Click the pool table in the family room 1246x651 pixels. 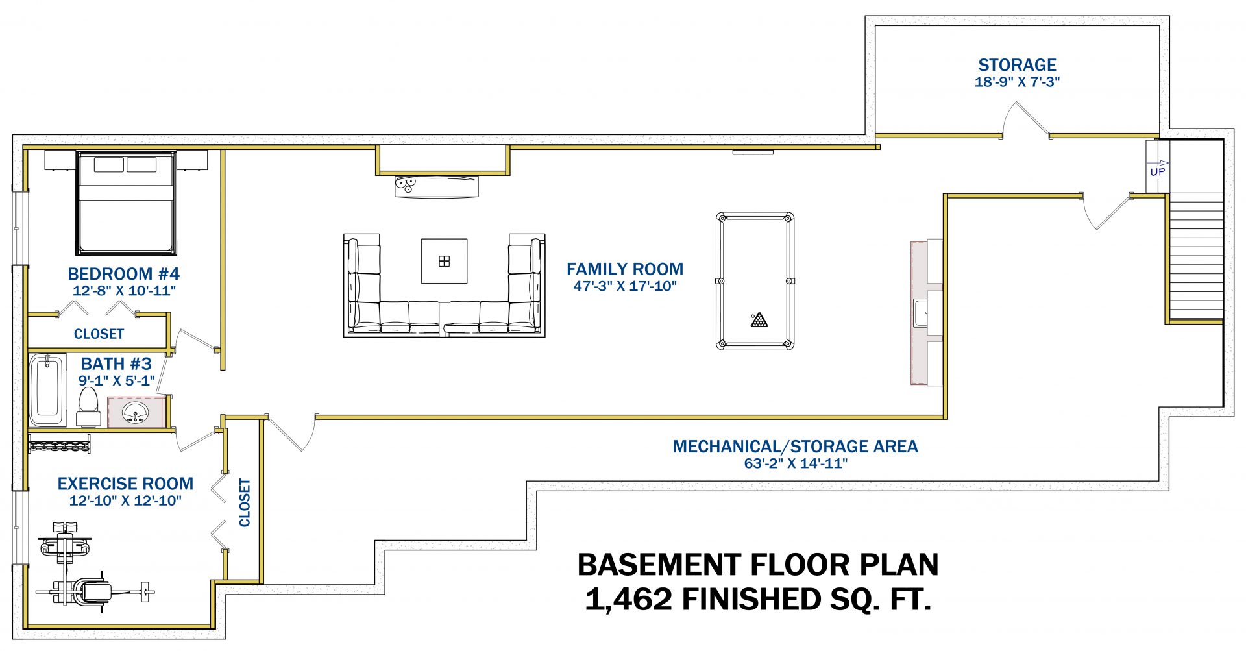pyautogui.click(x=755, y=281)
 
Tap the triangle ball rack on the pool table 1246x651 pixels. pyautogui.click(x=759, y=320)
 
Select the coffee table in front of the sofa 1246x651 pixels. pyautogui.click(x=444, y=261)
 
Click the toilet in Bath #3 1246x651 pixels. pyautogui.click(x=88, y=406)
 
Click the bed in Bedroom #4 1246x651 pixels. pyautogui.click(x=126, y=203)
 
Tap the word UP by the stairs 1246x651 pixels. pyautogui.click(x=1157, y=172)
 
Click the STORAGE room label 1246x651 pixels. pyautogui.click(x=1017, y=65)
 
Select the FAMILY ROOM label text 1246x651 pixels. pyautogui.click(x=624, y=269)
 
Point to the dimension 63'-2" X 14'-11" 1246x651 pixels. pyautogui.click(x=796, y=463)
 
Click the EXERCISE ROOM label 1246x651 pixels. pyautogui.click(x=125, y=484)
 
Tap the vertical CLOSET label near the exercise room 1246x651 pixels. pyautogui.click(x=245, y=502)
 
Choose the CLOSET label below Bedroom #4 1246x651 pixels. pyautogui.click(x=99, y=334)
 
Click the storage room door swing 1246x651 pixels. pyautogui.click(x=1026, y=120)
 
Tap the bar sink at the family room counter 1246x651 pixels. pyautogui.click(x=920, y=313)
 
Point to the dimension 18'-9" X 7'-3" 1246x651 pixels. pyautogui.click(x=1017, y=82)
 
